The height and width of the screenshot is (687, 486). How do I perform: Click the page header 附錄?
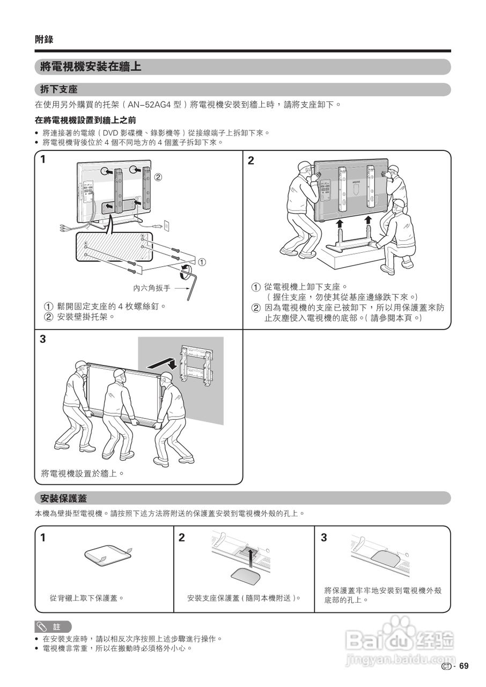click(44, 39)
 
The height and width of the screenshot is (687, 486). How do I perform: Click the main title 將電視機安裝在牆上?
click(91, 67)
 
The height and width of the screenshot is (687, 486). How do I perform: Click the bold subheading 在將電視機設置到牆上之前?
click(85, 120)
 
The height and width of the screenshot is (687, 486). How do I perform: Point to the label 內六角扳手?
click(151, 288)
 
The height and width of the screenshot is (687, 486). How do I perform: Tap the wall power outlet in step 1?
click(166, 226)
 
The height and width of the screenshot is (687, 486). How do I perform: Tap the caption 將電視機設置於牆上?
click(83, 473)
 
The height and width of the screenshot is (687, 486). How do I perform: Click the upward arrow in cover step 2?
click(249, 558)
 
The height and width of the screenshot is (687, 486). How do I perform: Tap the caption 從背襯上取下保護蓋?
click(86, 597)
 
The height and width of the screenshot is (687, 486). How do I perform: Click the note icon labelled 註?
click(53, 626)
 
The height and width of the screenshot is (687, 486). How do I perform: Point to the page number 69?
click(463, 666)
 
